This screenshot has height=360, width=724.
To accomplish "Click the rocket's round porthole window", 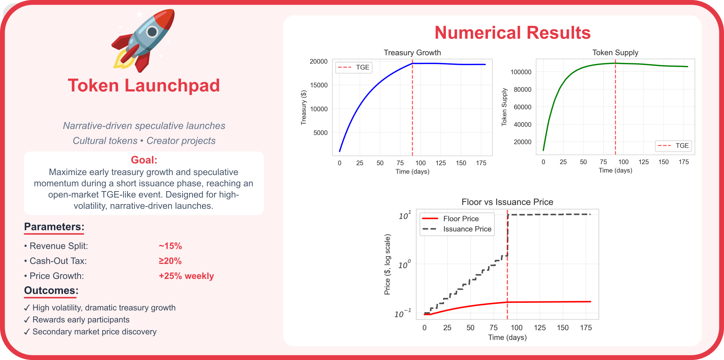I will [x=152, y=32].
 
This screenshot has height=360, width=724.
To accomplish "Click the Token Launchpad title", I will [x=144, y=86].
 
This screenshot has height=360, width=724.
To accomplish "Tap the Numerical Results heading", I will [x=512, y=33].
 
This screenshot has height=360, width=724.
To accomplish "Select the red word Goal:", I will [x=144, y=160].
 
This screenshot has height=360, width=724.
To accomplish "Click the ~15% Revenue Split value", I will [x=170, y=246].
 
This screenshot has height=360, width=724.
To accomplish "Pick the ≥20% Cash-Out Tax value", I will [x=170, y=261].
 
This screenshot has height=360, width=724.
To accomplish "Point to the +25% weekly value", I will [x=186, y=276].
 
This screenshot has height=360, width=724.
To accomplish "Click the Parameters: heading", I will [x=54, y=227].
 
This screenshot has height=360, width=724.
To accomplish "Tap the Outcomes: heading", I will [x=51, y=291].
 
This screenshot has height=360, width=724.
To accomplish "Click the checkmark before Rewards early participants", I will [x=27, y=320].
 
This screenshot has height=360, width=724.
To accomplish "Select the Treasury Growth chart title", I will [x=412, y=53].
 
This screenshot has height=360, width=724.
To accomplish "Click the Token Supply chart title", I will [x=615, y=53].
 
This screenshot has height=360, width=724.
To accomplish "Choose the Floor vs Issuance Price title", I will [x=507, y=202].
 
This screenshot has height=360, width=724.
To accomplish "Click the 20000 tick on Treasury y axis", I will [x=318, y=62].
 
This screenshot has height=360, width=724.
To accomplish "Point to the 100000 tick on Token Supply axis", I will [x=521, y=72].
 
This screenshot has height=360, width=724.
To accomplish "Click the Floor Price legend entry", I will [x=461, y=219].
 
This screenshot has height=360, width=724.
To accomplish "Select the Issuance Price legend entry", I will [x=467, y=229].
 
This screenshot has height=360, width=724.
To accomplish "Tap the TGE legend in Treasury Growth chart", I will [x=362, y=67].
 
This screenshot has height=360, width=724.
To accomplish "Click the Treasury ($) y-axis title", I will [x=304, y=108].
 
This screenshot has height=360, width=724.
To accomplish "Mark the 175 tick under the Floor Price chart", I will [x=585, y=328].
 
